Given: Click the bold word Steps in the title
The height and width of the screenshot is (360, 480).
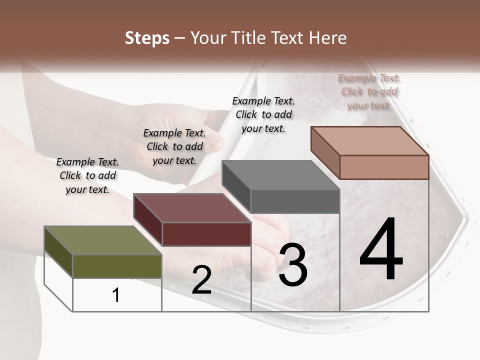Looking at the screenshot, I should (147, 38).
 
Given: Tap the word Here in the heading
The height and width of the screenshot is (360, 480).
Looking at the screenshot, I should (327, 38).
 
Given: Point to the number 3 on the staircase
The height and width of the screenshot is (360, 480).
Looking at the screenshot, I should (293, 264).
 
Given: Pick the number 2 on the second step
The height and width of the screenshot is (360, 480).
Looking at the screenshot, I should (201, 280).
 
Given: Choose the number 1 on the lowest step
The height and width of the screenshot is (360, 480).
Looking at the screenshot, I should (116, 295).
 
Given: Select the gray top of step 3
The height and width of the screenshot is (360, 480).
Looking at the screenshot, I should (280, 175).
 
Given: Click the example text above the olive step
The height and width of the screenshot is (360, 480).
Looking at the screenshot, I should (87, 175).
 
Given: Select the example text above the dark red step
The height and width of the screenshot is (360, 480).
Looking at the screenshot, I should (174, 146).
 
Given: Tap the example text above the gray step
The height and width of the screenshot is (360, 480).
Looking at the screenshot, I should (263, 114).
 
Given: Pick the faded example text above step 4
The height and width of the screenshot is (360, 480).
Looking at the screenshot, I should (369, 91).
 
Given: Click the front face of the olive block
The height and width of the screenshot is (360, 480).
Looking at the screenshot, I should (117, 266).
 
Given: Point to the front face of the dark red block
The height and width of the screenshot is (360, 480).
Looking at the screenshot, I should (206, 234).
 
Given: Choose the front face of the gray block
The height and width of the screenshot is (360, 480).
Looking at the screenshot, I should (295, 201).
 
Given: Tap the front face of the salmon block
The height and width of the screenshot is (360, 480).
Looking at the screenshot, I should (384, 167).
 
